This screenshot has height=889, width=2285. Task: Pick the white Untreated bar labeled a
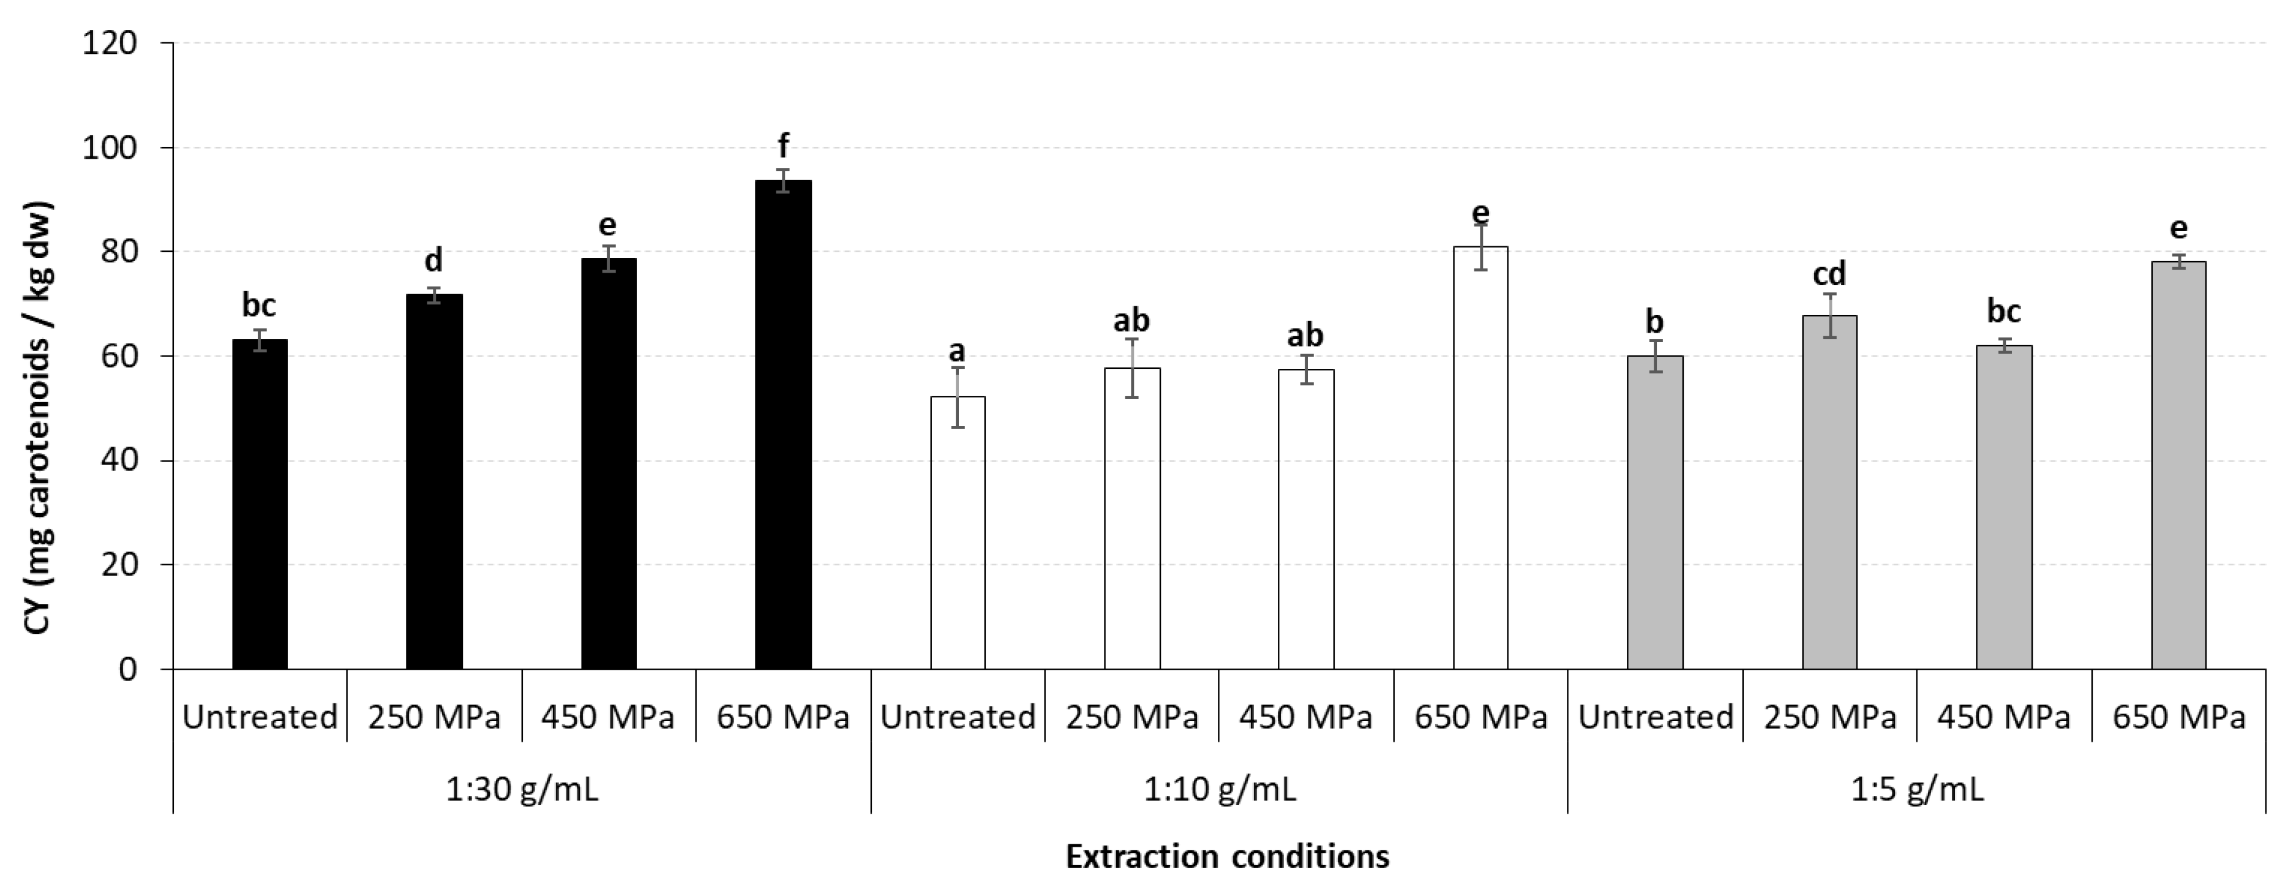pyautogui.click(x=957, y=532)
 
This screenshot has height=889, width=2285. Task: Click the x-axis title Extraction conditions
pyautogui.click(x=1227, y=857)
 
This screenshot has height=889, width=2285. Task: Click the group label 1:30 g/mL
pyautogui.click(x=522, y=789)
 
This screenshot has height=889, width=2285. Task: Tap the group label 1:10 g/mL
pyautogui.click(x=1220, y=789)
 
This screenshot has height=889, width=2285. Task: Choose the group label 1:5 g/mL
pyautogui.click(x=1917, y=789)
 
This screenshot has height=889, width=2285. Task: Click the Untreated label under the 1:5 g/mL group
pyautogui.click(x=1655, y=716)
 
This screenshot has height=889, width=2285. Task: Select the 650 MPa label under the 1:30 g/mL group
pyautogui.click(x=782, y=716)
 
